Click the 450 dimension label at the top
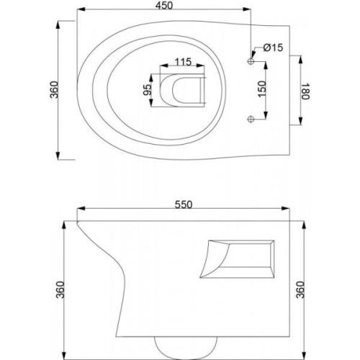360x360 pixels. click(x=164, y=6)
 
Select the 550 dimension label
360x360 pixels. click(x=184, y=204)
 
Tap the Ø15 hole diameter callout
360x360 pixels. click(x=273, y=48)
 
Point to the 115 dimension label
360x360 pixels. click(x=183, y=62)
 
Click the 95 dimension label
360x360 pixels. click(x=148, y=90)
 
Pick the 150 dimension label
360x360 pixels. click(x=262, y=89)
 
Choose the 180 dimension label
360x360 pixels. click(x=305, y=91)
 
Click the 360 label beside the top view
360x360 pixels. click(x=54, y=90)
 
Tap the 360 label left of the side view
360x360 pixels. click(x=60, y=289)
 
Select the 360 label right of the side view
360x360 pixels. click(x=300, y=289)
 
